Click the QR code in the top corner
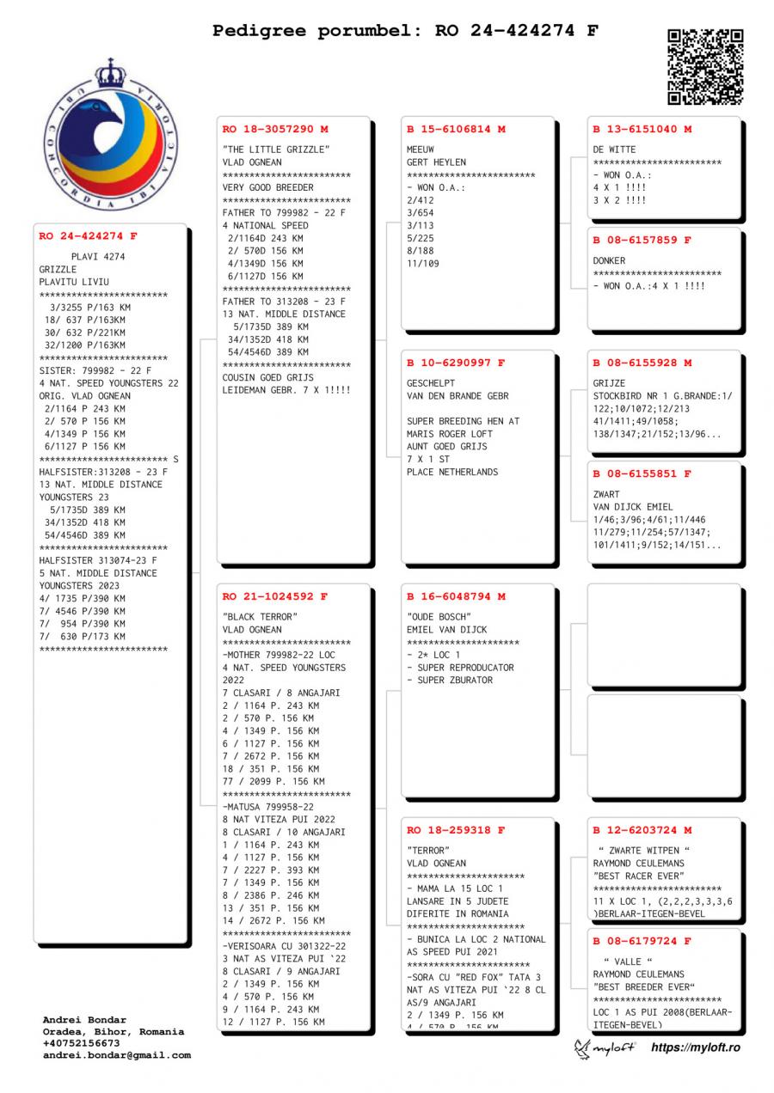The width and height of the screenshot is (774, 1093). [705, 66]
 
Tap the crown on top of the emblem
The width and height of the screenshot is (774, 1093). [110, 73]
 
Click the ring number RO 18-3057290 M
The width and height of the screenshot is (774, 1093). [275, 130]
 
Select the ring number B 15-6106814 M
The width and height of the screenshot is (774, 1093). [456, 130]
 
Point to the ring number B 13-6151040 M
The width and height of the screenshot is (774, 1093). [642, 130]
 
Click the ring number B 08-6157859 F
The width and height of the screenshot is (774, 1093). [642, 241]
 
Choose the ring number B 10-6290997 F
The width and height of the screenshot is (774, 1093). [456, 363]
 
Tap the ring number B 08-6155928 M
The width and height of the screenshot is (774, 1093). [642, 363]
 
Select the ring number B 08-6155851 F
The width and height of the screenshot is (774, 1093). [642, 474]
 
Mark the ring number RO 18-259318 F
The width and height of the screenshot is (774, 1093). [456, 831]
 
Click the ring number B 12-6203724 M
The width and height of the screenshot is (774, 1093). [642, 831]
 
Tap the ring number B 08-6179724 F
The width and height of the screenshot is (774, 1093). [642, 942]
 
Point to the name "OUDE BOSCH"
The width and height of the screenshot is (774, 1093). [439, 617]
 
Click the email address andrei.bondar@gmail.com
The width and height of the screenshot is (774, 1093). [117, 1055]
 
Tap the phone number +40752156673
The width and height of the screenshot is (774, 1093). [81, 1043]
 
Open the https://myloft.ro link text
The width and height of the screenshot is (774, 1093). [695, 1047]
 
